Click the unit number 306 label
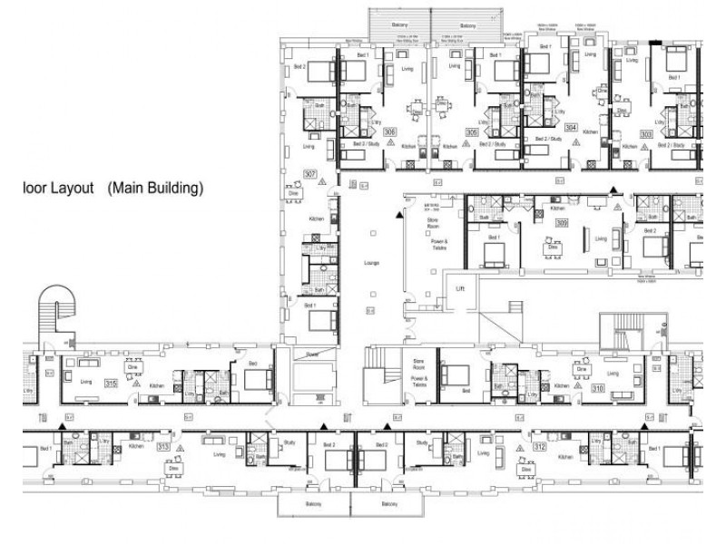[x=389, y=131]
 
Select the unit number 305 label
[x=472, y=131]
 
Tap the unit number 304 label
[x=571, y=128]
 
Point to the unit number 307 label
[x=309, y=174]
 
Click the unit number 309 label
[x=562, y=222]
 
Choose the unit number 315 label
[x=111, y=384]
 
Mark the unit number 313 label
[x=163, y=447]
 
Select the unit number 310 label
[x=598, y=388]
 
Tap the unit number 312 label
[x=539, y=447]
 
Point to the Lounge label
[x=371, y=263]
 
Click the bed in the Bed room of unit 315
[x=257, y=379]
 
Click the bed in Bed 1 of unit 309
[x=495, y=257]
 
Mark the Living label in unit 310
[x=613, y=373]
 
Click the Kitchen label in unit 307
[x=316, y=219]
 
